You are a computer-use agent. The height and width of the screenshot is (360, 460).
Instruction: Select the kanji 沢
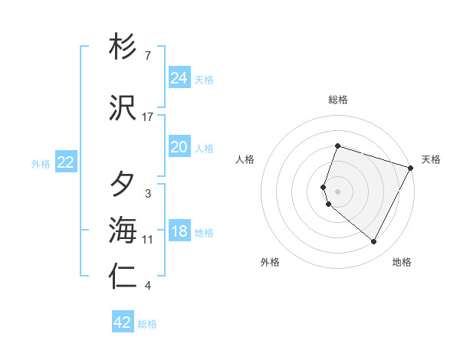pyautogui.click(x=123, y=108)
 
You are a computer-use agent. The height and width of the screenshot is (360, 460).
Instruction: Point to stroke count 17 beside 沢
pyautogui.click(x=148, y=117)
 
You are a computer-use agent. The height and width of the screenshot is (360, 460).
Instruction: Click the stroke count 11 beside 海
pyautogui.click(x=148, y=240)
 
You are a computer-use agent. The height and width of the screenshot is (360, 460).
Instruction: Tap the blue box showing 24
pyautogui.click(x=179, y=77)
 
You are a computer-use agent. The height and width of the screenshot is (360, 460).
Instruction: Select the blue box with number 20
pyautogui.click(x=179, y=147)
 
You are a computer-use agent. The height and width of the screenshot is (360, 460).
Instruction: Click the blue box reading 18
pyautogui.click(x=179, y=231)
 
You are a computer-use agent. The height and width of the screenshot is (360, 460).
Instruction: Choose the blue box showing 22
pyautogui.click(x=66, y=162)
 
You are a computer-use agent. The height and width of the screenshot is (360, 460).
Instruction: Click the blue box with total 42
pyautogui.click(x=123, y=322)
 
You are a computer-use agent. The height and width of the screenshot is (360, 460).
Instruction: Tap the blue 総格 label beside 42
pyautogui.click(x=148, y=324)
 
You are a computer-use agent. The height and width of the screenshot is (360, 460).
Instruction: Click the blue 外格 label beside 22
pyautogui.click(x=41, y=163)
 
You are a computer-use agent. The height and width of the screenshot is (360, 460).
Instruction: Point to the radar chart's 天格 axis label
pyautogui.click(x=431, y=159)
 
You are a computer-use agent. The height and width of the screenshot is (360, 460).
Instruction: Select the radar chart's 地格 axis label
pyautogui.click(x=402, y=262)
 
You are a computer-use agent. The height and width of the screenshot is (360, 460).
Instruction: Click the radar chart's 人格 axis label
pyautogui.click(x=245, y=159)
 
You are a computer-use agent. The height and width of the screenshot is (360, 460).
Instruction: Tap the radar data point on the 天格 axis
pyautogui.click(x=411, y=168)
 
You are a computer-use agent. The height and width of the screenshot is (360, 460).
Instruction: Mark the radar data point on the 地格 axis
pyautogui.click(x=373, y=242)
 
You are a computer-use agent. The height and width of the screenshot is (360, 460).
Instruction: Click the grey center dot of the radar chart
pyautogui.click(x=338, y=191)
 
